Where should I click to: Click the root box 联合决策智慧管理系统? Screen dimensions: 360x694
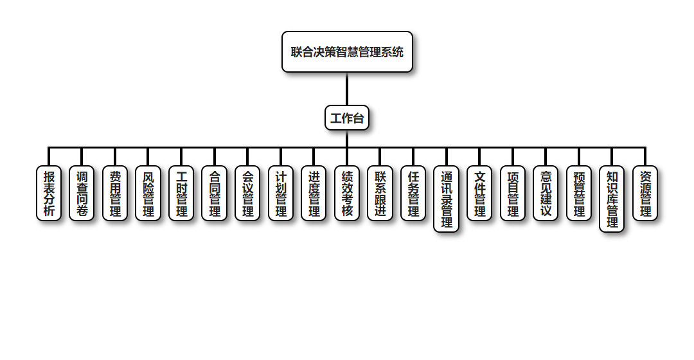click(x=347, y=52)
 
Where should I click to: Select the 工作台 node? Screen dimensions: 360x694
click(x=347, y=118)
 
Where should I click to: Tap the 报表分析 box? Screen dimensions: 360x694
click(x=49, y=194)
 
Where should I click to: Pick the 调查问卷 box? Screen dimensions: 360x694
click(x=82, y=194)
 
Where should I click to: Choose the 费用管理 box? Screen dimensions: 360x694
click(x=115, y=194)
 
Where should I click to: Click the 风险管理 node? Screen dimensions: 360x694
click(x=148, y=194)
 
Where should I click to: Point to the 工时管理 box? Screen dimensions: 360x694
click(x=181, y=194)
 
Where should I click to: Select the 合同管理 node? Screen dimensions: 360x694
click(x=215, y=194)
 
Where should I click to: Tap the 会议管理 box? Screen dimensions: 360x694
click(x=247, y=194)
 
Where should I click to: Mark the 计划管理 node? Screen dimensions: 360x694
click(x=281, y=194)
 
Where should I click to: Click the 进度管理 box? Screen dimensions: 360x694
click(x=314, y=194)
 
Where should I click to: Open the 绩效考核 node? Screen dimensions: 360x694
click(x=347, y=194)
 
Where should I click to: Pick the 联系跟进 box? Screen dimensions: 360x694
click(x=380, y=194)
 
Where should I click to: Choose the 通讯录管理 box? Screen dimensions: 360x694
click(x=447, y=199)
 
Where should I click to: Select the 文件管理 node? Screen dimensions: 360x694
click(x=479, y=194)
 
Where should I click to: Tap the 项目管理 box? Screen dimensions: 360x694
click(x=513, y=194)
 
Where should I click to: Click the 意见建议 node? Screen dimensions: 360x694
click(x=546, y=194)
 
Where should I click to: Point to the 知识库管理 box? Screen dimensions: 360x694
click(x=612, y=199)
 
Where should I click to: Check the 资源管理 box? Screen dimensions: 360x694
click(x=645, y=194)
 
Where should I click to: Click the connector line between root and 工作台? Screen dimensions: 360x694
click(x=347, y=89)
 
